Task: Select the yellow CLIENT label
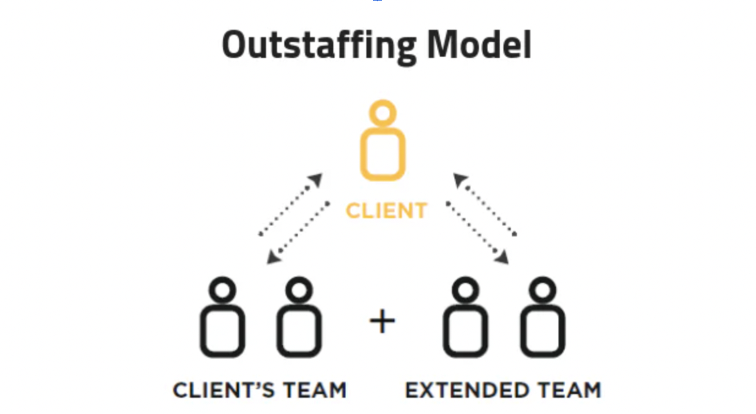386,211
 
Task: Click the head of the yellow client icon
382,113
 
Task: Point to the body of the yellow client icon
382,154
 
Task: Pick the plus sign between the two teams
382,322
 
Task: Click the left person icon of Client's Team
222,318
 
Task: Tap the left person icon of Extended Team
466,318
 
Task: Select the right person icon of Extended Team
542,318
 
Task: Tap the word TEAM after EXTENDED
568,390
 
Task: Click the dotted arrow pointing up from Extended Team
484,204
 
